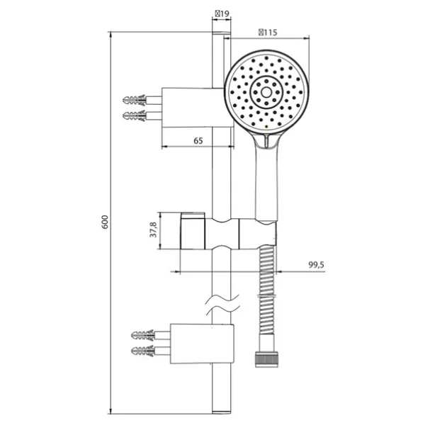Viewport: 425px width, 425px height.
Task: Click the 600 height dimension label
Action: click(x=105, y=222)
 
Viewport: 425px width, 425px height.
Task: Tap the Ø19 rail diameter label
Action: click(x=222, y=13)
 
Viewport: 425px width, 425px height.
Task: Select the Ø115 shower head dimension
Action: click(x=268, y=33)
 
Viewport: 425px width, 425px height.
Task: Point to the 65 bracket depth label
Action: click(x=198, y=141)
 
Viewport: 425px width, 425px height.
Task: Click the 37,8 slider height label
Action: click(x=153, y=229)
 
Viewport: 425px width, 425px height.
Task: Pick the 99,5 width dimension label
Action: click(x=317, y=264)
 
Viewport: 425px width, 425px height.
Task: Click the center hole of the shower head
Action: click(x=266, y=92)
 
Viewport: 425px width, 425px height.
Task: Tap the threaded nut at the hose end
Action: click(x=267, y=359)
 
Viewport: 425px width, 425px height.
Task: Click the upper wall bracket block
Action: click(x=198, y=108)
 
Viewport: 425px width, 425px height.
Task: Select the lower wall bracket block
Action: click(x=202, y=344)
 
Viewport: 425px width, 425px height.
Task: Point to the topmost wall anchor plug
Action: click(x=135, y=100)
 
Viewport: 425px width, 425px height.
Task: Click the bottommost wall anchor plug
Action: click(x=143, y=351)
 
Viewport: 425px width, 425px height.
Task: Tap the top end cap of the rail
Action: click(x=222, y=33)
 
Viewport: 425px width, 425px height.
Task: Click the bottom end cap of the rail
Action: click(x=222, y=412)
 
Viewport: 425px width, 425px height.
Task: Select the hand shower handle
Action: click(x=266, y=179)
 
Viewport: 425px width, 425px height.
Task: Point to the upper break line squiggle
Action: click(x=222, y=300)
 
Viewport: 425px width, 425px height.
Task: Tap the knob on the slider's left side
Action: click(x=193, y=231)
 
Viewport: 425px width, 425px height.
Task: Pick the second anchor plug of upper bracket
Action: click(x=135, y=116)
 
